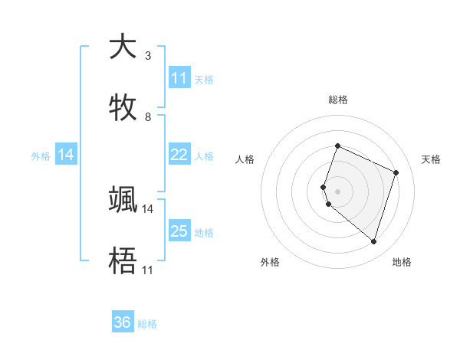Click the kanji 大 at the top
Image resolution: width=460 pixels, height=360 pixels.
click(123, 47)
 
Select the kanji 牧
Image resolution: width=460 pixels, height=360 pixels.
click(123, 106)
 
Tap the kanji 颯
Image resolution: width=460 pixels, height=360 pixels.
click(123, 199)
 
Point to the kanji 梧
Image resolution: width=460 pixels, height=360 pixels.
click(123, 260)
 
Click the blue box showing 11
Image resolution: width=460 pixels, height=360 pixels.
click(179, 78)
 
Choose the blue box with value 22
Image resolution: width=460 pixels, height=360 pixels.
click(179, 155)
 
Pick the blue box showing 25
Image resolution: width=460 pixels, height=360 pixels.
click(179, 231)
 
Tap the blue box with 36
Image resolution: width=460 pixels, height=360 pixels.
click(123, 322)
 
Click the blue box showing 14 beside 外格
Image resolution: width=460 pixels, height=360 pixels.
click(66, 155)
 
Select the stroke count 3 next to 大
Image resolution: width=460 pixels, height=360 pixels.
click(147, 56)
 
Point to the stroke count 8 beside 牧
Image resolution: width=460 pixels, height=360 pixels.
click(147, 117)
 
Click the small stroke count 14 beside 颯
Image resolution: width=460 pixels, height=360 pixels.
click(147, 208)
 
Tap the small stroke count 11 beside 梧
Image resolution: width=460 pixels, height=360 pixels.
click(147, 270)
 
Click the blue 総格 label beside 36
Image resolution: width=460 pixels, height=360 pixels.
click(147, 324)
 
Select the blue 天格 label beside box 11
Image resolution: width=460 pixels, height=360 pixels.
click(204, 79)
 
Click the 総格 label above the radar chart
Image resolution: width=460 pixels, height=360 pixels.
click(337, 100)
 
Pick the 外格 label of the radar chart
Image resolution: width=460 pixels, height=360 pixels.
click(270, 262)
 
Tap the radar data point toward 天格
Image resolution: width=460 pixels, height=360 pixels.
click(396, 172)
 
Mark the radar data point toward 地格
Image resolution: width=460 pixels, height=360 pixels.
click(373, 242)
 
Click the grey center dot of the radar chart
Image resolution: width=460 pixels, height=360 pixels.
click(337, 191)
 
